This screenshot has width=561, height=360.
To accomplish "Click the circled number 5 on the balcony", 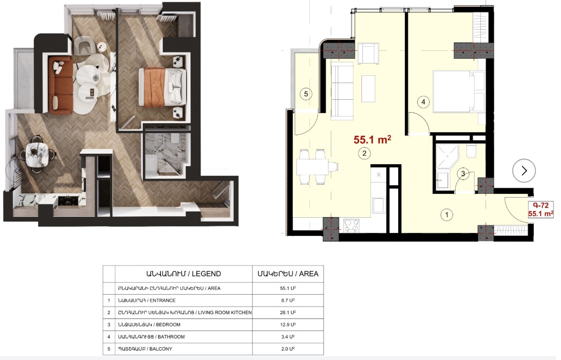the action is click(x=306, y=94).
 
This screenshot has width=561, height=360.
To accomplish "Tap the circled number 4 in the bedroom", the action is click(x=423, y=102).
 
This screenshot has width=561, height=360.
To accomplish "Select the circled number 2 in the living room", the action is click(x=364, y=154).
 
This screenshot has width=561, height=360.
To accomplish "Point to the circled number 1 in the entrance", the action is click(x=446, y=215).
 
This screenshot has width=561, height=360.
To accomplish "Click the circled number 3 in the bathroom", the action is click(x=463, y=174).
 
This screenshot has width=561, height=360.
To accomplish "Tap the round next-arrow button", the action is click(x=524, y=171).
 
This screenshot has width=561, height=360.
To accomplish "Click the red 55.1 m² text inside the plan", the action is click(x=372, y=139).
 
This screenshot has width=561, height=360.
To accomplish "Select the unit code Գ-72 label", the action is click(x=540, y=205).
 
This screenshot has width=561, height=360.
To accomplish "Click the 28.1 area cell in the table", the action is click(x=287, y=312).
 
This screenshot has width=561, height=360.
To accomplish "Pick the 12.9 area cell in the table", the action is click(x=287, y=325).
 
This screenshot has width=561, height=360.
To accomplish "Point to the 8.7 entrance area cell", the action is click(x=287, y=300).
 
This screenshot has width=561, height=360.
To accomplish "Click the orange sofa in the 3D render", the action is click(x=61, y=85).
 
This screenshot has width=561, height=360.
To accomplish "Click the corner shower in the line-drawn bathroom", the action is click(x=447, y=157).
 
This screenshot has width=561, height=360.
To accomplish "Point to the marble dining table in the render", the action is click(x=37, y=154).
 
